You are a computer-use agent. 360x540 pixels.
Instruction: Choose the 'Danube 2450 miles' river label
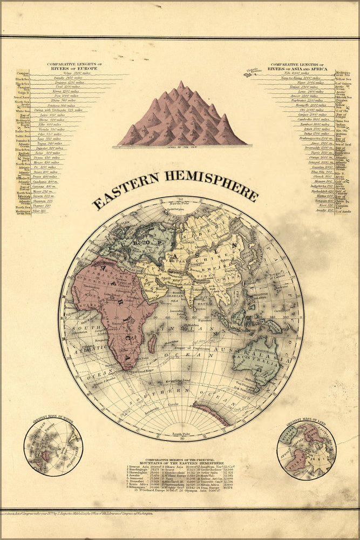point(63,78)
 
